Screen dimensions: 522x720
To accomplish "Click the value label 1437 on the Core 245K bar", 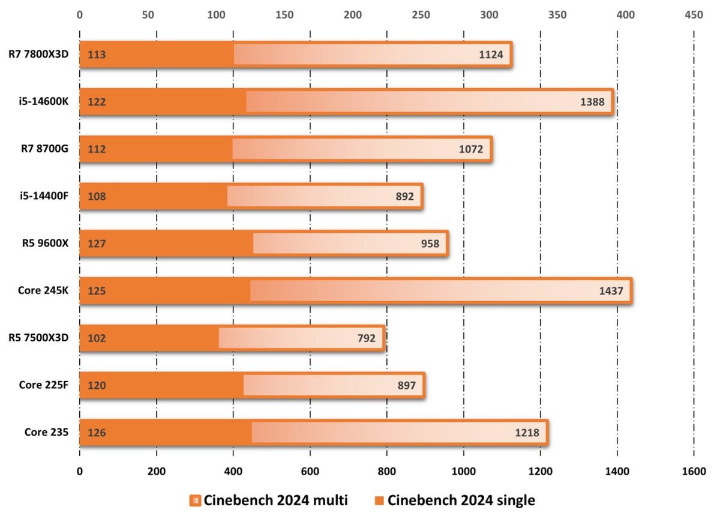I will [x=611, y=292].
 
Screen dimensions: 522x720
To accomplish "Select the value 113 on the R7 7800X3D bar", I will [x=97, y=55].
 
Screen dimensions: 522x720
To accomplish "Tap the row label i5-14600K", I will [x=43, y=101].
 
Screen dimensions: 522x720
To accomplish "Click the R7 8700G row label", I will [x=44, y=149].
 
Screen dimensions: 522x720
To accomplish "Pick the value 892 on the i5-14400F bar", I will [x=404, y=196].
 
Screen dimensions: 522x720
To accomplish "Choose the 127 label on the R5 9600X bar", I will [x=97, y=244].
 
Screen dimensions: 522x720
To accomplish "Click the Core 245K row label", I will [x=43, y=290].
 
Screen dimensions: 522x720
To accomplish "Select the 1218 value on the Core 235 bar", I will [x=527, y=433].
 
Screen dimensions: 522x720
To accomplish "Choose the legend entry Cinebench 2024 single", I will [x=454, y=500].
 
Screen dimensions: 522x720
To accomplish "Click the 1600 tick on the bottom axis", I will [x=694, y=472].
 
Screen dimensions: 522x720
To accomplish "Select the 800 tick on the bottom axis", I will [x=386, y=472].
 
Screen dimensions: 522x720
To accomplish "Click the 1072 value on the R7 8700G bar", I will [x=472, y=149].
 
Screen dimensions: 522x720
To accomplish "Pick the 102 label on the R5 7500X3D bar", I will [x=97, y=338].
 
